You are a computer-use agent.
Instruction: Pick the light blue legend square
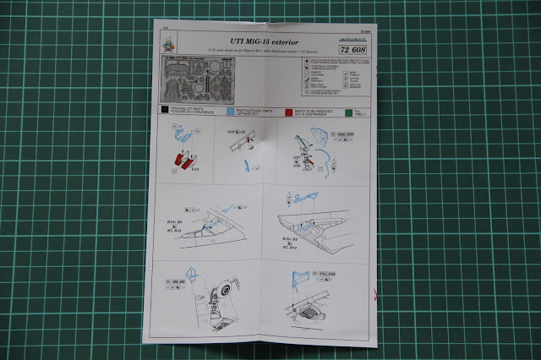click(231, 111)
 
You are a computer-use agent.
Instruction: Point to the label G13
click(195, 170)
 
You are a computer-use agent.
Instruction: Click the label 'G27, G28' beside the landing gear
click(298, 164)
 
